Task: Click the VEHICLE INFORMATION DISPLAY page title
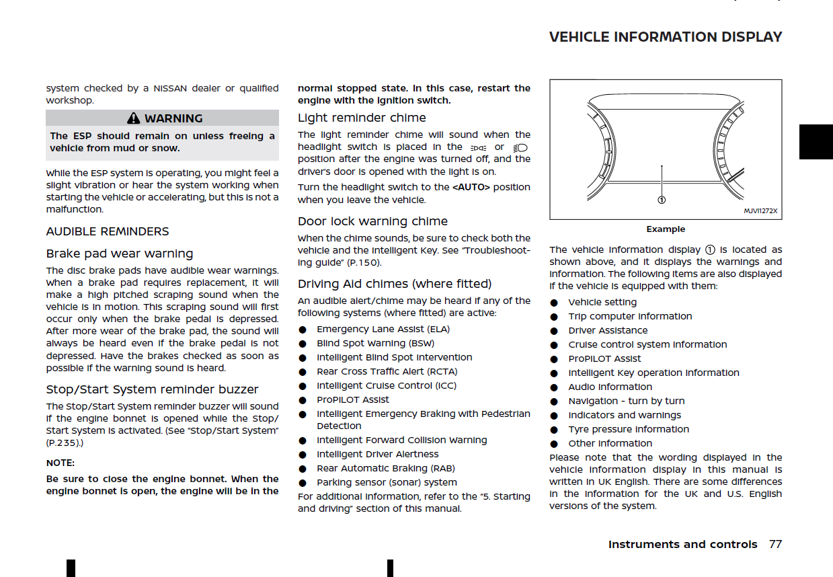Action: [666, 37]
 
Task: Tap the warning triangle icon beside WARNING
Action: [134, 118]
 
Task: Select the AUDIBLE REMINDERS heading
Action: [108, 231]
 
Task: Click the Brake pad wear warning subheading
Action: [120, 254]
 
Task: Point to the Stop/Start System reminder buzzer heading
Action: [152, 389]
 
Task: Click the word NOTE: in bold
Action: [61, 463]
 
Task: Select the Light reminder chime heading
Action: [362, 118]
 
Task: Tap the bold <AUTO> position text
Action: [471, 187]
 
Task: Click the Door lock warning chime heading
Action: [372, 221]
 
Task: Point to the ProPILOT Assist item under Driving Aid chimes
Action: [353, 399]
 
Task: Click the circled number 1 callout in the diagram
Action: [662, 200]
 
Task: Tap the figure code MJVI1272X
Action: [760, 210]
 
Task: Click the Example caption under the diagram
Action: [666, 229]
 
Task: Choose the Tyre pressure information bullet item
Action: [629, 429]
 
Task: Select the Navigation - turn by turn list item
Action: [627, 401]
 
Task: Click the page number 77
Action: [775, 544]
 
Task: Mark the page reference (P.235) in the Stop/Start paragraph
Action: [63, 443]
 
